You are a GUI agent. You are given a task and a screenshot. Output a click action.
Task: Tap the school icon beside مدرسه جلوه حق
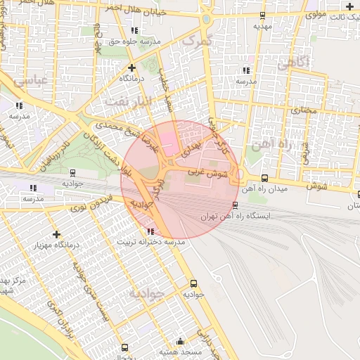click(134, 30)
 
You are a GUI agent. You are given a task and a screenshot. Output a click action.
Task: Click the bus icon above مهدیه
click(263, 15)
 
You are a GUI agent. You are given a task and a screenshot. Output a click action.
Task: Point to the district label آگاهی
click(294, 63)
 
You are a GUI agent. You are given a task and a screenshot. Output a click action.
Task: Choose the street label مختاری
click(304, 110)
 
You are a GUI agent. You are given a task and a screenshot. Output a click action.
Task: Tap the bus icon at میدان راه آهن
click(264, 178)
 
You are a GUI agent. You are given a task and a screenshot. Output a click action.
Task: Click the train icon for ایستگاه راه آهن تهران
click(235, 205)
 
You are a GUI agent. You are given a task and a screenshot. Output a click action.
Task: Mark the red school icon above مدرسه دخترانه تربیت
click(150, 231)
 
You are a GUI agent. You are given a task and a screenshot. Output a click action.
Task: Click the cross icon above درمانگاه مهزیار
click(56, 233)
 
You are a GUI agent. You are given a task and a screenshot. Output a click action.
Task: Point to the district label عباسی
click(30, 80)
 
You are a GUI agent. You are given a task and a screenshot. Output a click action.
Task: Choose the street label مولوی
click(318, 13)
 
